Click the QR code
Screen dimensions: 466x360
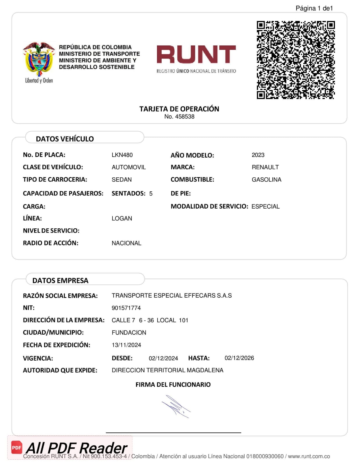tap(296, 60)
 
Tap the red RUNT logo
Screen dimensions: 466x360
tap(196, 54)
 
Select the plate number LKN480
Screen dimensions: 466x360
tap(122, 155)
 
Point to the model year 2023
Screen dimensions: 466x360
tap(258, 155)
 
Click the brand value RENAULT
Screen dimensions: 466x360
tap(265, 167)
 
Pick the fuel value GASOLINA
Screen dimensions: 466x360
tap(266, 180)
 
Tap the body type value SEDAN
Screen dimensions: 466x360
tap(121, 180)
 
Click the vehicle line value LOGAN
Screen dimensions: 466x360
tap(122, 218)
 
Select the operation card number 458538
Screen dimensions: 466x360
tap(184, 116)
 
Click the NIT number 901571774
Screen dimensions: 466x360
tap(126, 308)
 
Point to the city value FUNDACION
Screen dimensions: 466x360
tap(129, 333)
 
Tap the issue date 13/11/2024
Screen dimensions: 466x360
tap(126, 345)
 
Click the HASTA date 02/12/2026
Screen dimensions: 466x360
tap(239, 358)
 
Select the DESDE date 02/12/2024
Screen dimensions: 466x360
tap(163, 358)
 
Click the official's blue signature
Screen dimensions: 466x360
tap(176, 407)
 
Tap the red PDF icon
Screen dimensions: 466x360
tap(17, 447)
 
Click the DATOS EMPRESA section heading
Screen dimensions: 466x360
tap(60, 280)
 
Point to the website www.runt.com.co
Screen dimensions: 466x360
tap(309, 456)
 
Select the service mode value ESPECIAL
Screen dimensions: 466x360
tap(265, 206)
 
